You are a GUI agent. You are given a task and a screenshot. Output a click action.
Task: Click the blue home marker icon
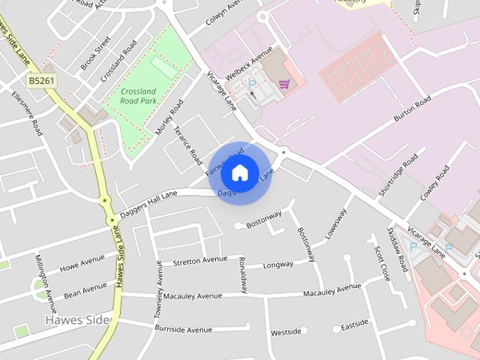[239, 172]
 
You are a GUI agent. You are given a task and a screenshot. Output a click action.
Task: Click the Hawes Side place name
[76, 320]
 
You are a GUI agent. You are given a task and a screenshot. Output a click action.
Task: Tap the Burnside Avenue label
[183, 328]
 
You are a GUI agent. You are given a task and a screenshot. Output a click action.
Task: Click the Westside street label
[286, 331]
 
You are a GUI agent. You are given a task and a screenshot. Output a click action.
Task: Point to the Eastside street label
[355, 325]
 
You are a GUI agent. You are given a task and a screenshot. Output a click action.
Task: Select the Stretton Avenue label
[199, 261]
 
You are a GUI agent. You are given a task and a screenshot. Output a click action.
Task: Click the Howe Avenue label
[82, 264]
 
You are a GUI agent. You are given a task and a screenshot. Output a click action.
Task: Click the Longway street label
[278, 265]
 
